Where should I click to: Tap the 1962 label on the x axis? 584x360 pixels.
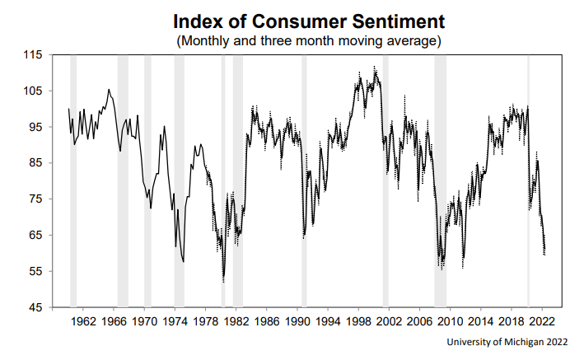click(83, 321)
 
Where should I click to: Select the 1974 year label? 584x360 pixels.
click(175, 321)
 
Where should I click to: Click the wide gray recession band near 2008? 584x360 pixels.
click(440, 181)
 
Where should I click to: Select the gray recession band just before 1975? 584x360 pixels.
click(179, 181)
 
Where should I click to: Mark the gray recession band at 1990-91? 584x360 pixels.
click(304, 181)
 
